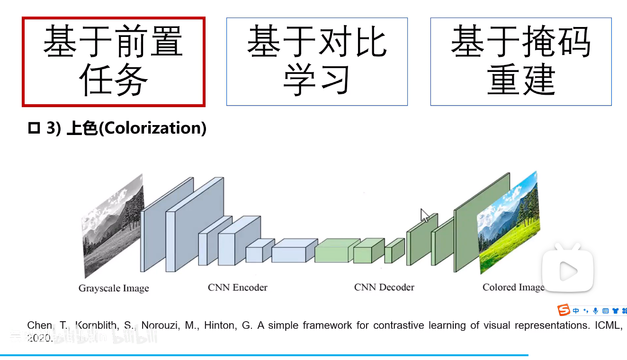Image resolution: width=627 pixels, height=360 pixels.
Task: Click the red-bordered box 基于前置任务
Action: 114,62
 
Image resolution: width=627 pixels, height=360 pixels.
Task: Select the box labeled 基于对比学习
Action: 317,62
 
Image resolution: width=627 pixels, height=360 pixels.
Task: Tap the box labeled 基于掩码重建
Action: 521,62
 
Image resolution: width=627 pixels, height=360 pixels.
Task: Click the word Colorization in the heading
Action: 152,128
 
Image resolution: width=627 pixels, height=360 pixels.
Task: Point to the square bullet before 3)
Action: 34,128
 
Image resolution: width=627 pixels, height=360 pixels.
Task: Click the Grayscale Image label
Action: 114,288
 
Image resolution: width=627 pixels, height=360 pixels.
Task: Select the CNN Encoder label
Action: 237,287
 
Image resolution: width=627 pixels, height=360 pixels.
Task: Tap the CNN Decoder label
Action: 384,287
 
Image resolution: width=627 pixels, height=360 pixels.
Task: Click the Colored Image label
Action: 513,287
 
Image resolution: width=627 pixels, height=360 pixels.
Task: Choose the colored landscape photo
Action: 509,223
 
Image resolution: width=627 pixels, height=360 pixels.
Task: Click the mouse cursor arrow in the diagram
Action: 425,216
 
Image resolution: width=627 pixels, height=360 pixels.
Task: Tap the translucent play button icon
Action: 568,270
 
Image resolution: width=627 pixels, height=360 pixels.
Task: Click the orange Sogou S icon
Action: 564,310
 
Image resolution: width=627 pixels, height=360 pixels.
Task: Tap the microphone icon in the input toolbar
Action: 595,311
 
